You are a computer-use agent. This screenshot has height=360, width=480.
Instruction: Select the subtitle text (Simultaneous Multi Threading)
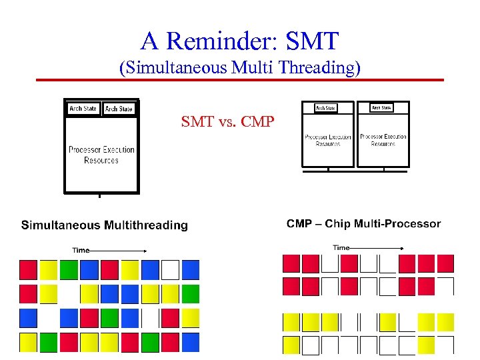tap(239, 67)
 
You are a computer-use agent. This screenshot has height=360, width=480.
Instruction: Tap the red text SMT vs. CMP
tap(227, 122)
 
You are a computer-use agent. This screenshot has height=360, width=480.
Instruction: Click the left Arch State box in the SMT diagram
tap(83, 109)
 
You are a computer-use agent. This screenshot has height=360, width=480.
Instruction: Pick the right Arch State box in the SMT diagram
tap(119, 109)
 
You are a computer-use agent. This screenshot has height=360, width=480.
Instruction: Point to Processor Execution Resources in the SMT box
tap(101, 155)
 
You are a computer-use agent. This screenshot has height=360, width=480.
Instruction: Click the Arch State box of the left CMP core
tap(325, 107)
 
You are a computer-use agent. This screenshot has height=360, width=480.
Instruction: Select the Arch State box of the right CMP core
tap(382, 107)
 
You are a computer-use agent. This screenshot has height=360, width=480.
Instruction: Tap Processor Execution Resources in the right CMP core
tap(383, 140)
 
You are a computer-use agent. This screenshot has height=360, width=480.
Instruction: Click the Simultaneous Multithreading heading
tap(105, 225)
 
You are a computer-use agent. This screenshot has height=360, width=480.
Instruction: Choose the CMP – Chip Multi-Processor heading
tap(363, 224)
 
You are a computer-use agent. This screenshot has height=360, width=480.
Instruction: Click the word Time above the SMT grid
tap(81, 250)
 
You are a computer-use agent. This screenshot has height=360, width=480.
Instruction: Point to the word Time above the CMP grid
tap(341, 247)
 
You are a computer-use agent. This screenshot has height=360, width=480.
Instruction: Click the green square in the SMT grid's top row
tap(69, 269)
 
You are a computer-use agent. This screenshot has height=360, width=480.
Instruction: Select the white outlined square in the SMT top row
tap(171, 269)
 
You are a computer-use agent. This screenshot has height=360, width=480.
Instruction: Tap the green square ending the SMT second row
tap(191, 293)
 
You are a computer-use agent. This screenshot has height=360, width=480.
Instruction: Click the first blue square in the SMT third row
tap(28, 318)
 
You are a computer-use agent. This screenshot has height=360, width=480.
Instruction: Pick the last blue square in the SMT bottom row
tap(191, 342)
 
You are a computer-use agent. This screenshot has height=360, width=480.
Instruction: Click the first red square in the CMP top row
tap(291, 263)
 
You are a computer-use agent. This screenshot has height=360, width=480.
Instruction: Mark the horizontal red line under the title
tap(239, 80)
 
